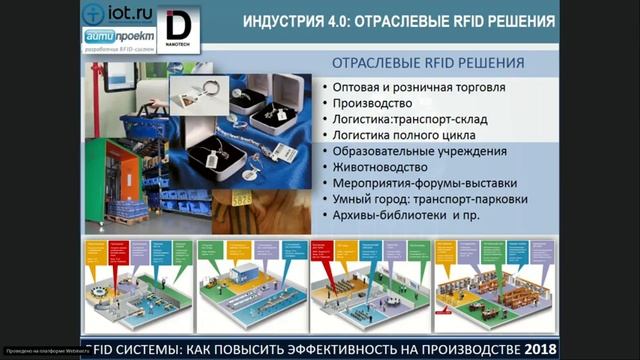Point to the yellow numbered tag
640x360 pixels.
pos(242,199)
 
